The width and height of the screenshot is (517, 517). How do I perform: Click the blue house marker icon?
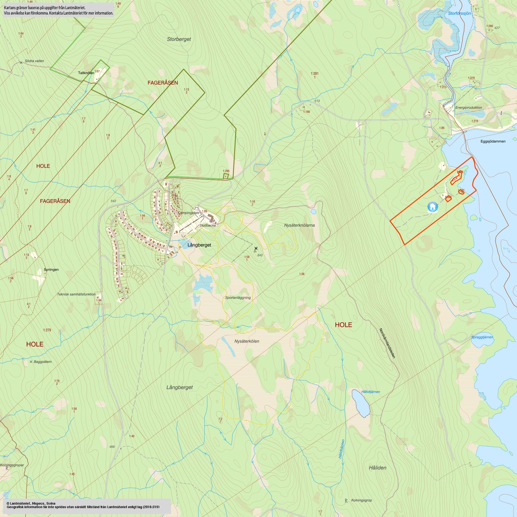click(x=433, y=207)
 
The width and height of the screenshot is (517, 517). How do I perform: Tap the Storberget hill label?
click(x=179, y=39)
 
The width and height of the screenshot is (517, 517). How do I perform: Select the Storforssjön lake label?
click(x=459, y=13)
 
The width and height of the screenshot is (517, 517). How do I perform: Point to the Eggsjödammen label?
click(x=493, y=141)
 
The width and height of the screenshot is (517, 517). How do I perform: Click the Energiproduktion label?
click(x=469, y=107)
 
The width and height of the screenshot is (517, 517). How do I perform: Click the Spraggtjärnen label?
click(x=482, y=337)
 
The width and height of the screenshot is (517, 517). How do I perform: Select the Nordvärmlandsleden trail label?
click(x=387, y=343)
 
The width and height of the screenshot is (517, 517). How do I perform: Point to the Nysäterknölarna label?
click(x=299, y=225)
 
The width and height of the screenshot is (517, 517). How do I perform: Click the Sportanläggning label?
click(x=238, y=298)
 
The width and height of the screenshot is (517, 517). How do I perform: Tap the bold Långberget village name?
click(x=199, y=245)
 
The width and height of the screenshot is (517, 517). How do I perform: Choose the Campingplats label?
click(x=189, y=213)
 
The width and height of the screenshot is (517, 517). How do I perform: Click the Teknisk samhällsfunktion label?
click(x=76, y=294)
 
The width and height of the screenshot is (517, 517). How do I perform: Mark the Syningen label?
click(x=51, y=269)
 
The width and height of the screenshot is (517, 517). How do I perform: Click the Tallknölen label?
click(x=86, y=73)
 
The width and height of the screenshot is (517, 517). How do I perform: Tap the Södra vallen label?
click(x=34, y=61)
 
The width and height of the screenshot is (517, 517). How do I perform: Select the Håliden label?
click(x=378, y=468)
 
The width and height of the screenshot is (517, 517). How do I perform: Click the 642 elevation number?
click(x=260, y=255)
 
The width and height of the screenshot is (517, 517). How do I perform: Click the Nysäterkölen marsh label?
click(x=247, y=341)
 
